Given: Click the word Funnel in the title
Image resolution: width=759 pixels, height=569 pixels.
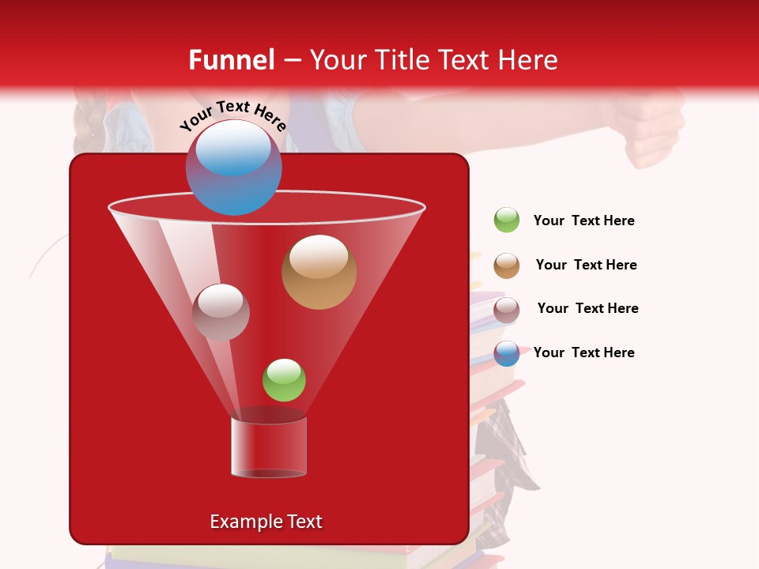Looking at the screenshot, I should [x=231, y=60].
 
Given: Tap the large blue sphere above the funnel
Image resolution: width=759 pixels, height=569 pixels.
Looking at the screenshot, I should [x=233, y=168].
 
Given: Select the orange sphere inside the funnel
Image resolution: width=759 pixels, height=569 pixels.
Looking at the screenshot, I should [x=319, y=272].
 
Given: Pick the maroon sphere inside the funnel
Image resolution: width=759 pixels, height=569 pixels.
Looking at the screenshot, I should [x=221, y=312].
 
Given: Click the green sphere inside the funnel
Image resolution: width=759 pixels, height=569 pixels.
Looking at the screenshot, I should [x=284, y=380].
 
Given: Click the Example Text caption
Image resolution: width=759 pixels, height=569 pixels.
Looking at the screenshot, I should [x=266, y=522].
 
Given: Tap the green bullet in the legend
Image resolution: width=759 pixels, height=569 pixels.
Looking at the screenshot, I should [x=507, y=220].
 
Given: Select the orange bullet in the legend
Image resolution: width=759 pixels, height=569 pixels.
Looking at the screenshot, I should [x=507, y=266].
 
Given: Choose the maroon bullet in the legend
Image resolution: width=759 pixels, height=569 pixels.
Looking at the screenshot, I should [x=507, y=310].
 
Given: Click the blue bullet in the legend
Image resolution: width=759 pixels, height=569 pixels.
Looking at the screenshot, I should [x=507, y=353].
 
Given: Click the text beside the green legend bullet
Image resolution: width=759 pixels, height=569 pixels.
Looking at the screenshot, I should [x=583, y=221].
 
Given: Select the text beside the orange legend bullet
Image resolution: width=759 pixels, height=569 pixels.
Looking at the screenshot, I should [x=586, y=265].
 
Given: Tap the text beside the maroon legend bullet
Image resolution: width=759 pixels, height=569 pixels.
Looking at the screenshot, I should [x=587, y=308].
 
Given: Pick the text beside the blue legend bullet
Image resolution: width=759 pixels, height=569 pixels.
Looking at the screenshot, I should [x=583, y=352].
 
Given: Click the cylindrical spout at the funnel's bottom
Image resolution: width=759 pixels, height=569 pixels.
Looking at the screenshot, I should [x=269, y=447].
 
